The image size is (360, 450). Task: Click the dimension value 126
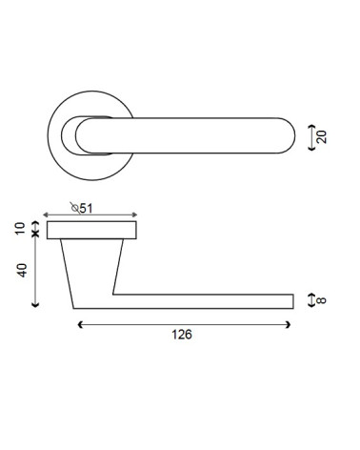tap(182, 335)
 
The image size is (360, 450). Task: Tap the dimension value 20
tap(322, 137)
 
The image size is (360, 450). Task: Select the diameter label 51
tap(86, 209)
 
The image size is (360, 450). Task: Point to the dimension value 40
tap(22, 271)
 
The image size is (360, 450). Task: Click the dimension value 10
tap(20, 229)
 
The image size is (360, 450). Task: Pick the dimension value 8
tap(321, 300)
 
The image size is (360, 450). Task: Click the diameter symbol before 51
tap(75, 208)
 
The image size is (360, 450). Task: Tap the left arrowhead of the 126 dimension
tap(80, 324)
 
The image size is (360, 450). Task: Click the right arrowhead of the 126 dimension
tap(288, 324)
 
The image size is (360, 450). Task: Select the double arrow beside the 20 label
tap(312, 137)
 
